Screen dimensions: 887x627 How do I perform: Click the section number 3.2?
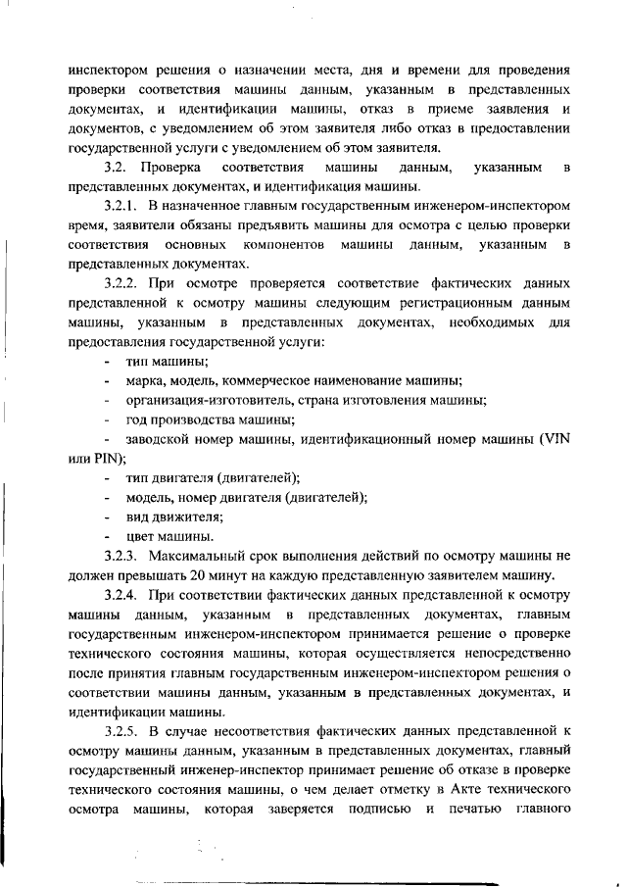click(117, 169)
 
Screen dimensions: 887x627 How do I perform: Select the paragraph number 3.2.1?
click(121, 207)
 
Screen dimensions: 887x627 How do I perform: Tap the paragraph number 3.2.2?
click(121, 284)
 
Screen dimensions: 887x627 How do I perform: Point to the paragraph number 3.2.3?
click(121, 556)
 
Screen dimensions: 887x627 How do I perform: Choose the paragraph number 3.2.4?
click(121, 595)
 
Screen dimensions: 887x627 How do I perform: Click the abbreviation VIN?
click(554, 439)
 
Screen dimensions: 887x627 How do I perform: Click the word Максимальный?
click(196, 556)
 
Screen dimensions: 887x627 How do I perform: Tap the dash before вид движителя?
click(106, 517)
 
